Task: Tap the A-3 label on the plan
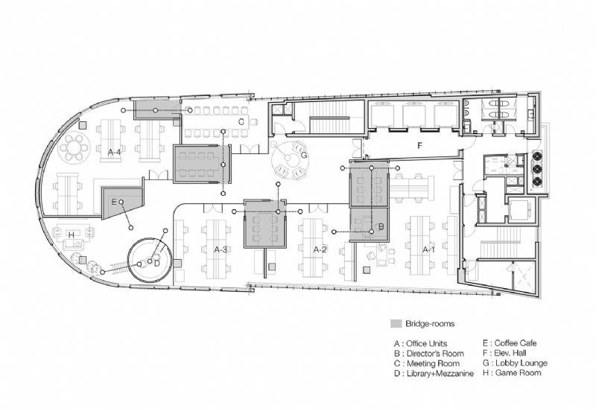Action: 221,249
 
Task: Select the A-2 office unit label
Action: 320,249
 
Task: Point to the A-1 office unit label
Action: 429,249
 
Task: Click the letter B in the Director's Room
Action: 381,226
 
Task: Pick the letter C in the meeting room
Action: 241,121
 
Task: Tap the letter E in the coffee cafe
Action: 114,202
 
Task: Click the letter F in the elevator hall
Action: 419,147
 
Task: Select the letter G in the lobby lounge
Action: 303,156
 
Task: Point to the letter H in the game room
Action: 71,235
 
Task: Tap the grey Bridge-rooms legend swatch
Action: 396,324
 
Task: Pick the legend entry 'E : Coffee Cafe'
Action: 513,343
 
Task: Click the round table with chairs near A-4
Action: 74,149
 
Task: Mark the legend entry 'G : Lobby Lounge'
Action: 515,363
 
